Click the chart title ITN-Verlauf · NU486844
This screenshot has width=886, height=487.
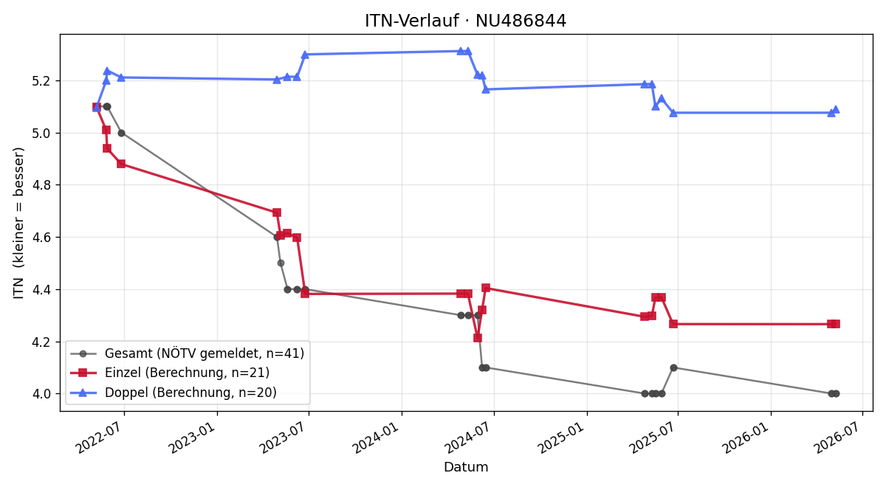[466, 21]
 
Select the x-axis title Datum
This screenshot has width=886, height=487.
[466, 467]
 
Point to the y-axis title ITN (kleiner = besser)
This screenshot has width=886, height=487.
[18, 223]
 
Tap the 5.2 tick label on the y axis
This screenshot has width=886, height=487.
[41, 81]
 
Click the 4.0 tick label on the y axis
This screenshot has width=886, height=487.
[41, 394]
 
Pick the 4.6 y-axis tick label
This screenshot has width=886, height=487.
[41, 238]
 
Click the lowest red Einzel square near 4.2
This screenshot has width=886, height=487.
[478, 338]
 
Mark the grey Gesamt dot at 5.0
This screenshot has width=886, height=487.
[121, 134]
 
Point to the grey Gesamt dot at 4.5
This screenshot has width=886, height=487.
[281, 263]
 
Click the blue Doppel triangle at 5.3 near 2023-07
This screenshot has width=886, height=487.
[304, 55]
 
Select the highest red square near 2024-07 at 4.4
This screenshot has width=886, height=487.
[486, 288]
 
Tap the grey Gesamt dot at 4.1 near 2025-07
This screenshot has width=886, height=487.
[673, 367]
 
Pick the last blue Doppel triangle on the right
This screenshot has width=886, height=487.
[836, 110]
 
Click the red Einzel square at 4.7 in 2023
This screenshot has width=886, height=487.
[277, 213]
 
